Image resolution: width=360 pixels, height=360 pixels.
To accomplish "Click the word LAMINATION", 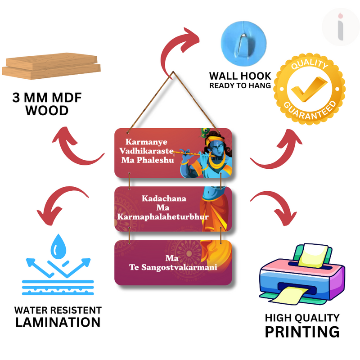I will click(58, 322).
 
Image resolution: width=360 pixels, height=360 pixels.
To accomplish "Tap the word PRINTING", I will click(301, 332).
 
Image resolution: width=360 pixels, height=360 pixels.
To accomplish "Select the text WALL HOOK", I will click(240, 76).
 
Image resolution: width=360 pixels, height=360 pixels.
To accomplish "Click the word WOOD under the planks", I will click(47, 110).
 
